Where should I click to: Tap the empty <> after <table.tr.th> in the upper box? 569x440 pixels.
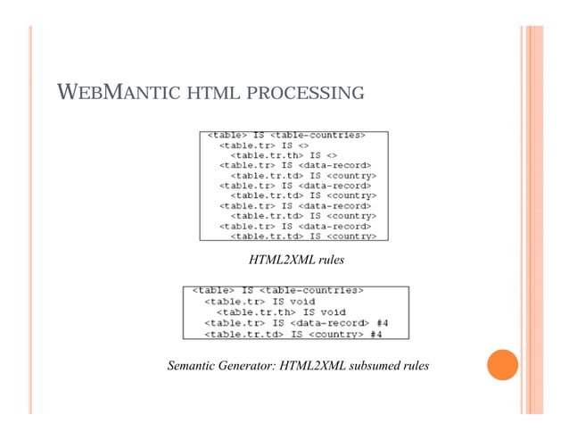tap(324, 155)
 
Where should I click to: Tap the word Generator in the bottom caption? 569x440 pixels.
tap(260, 367)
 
